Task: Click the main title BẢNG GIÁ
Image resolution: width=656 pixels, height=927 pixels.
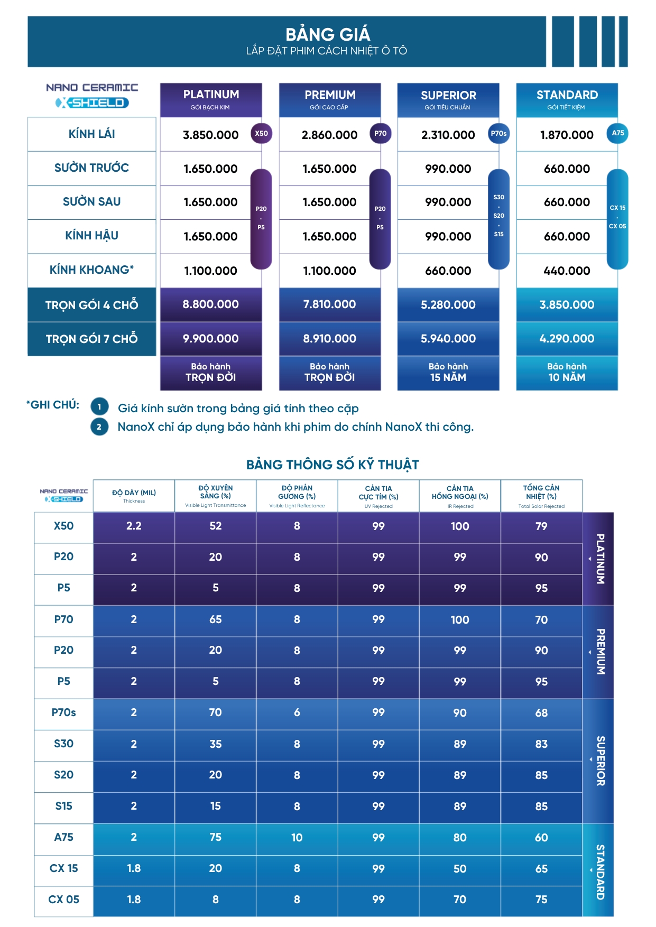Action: (x=328, y=34)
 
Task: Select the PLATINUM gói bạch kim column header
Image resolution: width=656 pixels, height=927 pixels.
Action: (x=211, y=99)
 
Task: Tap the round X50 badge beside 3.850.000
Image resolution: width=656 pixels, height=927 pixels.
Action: (x=261, y=134)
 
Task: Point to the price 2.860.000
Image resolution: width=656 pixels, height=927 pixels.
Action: (x=329, y=135)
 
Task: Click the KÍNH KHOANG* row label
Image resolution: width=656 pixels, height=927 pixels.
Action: (x=91, y=270)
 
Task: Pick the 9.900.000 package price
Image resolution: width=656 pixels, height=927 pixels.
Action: (x=210, y=339)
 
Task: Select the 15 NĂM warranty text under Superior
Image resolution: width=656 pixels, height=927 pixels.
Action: (x=448, y=377)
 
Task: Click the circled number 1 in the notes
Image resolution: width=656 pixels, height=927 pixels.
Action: (x=99, y=407)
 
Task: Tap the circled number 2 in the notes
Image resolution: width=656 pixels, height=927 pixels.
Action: (x=99, y=427)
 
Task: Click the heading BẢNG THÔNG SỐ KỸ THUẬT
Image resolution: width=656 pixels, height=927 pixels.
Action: (x=332, y=465)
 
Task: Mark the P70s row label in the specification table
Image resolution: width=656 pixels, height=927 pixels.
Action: (x=63, y=712)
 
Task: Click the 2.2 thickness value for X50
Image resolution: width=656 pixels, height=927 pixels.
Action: (x=134, y=526)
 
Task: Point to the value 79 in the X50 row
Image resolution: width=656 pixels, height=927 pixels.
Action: (x=541, y=526)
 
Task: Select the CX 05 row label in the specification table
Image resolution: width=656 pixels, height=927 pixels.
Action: (x=63, y=900)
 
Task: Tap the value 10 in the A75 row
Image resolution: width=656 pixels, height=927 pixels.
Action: (x=297, y=838)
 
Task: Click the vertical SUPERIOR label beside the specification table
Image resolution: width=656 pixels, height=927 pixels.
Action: (x=600, y=761)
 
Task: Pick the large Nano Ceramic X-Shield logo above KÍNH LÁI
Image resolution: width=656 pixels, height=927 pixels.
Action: (x=92, y=96)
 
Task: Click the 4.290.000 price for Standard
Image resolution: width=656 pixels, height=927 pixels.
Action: (x=567, y=339)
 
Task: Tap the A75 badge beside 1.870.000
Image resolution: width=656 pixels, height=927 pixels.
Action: (x=617, y=133)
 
